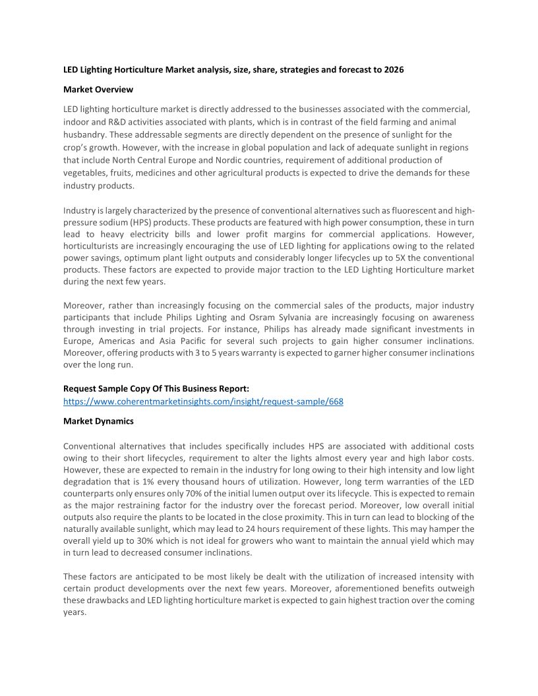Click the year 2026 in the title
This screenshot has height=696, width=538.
(393, 69)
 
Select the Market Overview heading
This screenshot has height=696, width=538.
(98, 89)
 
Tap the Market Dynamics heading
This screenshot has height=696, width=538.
(98, 421)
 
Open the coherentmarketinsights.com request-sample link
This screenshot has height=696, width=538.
(203, 401)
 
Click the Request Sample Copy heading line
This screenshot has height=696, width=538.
(156, 389)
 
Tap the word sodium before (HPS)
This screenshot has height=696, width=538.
(115, 222)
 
